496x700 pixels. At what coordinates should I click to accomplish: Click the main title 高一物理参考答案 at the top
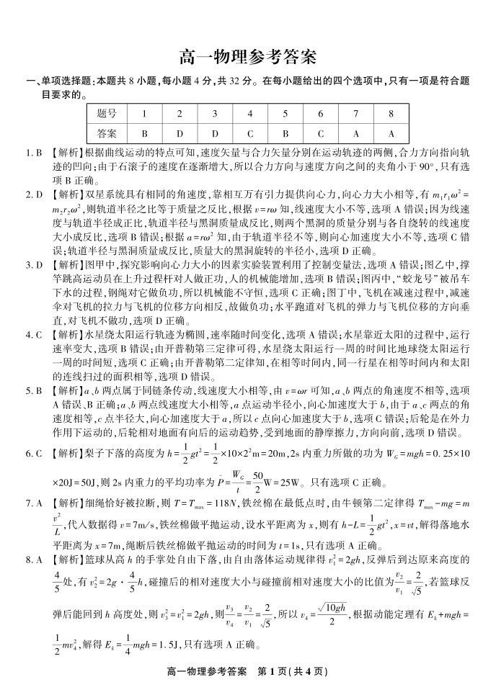247,56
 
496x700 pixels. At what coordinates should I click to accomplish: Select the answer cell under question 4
249,133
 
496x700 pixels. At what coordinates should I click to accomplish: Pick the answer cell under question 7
355,133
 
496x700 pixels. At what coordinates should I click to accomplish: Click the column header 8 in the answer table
391,114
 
